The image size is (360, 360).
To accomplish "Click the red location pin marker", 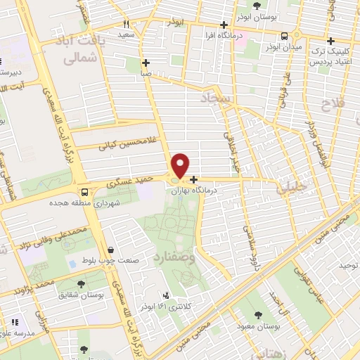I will point(181,165).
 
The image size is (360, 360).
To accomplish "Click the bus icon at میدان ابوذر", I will point(284,36).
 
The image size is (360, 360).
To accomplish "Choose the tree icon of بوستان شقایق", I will point(82,284).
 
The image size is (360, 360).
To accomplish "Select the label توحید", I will point(349,265).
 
